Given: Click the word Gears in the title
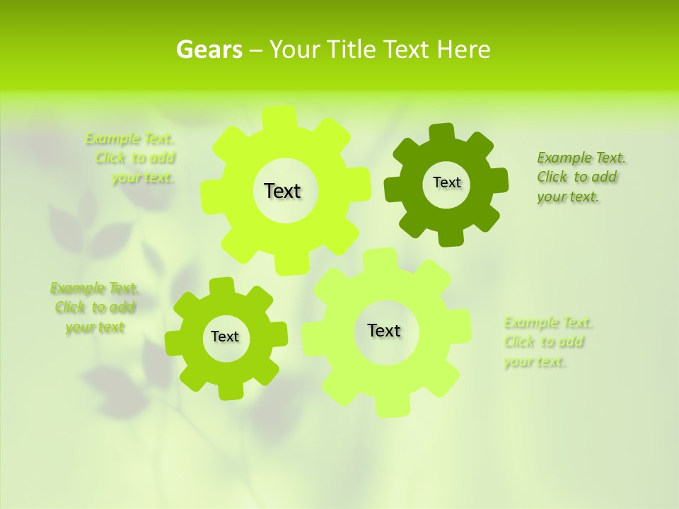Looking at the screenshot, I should [x=209, y=50].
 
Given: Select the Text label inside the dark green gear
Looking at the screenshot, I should [x=446, y=182].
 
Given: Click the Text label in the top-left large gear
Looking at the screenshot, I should [x=282, y=191].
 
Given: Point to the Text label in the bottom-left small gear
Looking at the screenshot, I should [x=225, y=337].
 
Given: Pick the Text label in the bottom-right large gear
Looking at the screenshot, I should [x=384, y=330].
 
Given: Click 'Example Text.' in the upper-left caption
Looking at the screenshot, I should [x=129, y=139].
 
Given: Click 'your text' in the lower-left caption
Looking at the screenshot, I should [x=95, y=327].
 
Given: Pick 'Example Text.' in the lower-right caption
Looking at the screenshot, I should [x=548, y=322].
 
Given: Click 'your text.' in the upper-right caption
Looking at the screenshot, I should [x=568, y=197].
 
